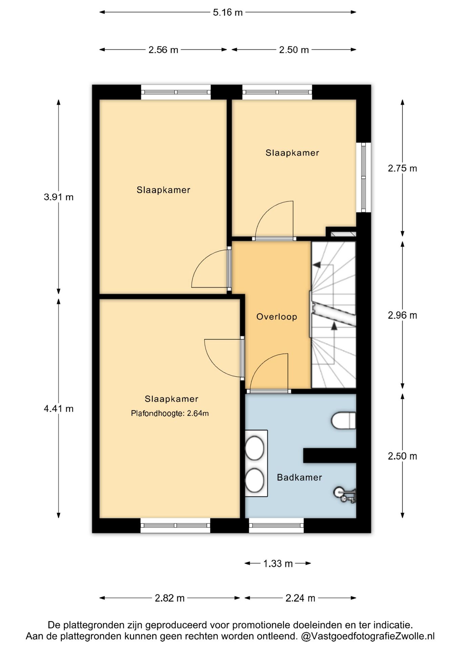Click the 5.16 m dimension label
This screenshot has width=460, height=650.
[x=228, y=13]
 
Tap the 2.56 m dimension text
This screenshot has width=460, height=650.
[x=163, y=50]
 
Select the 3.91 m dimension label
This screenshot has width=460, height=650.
[x=59, y=197]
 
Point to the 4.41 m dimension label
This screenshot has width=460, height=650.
[x=59, y=409]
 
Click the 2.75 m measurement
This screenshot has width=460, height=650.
[x=402, y=168]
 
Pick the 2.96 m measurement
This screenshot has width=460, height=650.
[x=402, y=315]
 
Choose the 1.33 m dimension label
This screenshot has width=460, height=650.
[x=278, y=564]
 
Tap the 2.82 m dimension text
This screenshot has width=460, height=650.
[x=170, y=598]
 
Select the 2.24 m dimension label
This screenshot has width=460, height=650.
[x=300, y=598]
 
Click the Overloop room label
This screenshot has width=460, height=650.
[x=277, y=317]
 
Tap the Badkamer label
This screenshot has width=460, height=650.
[x=299, y=477]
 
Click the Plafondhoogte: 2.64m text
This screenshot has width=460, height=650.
[x=170, y=413]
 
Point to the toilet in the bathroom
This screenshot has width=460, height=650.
[x=343, y=420]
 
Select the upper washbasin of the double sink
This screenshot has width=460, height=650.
[x=254, y=448]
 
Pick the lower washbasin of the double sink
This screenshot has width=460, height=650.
[x=254, y=480]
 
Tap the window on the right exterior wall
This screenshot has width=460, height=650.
[x=364, y=177]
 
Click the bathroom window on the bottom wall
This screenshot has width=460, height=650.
[x=276, y=525]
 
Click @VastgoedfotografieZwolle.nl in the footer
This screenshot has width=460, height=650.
[x=368, y=636]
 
